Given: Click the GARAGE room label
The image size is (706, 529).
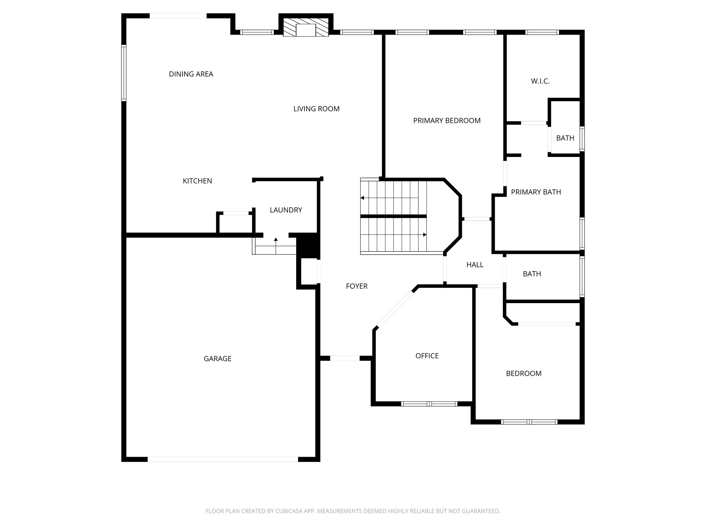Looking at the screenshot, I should pos(218,359).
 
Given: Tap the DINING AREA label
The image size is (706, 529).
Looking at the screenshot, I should pos(191,74).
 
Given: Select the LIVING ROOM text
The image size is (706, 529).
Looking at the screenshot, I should pos(316,109).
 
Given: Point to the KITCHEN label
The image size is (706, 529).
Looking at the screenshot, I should pos(197,181).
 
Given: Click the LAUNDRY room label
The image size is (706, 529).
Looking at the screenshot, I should pos(286,210).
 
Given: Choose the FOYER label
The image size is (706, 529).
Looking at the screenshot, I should pos(356,286).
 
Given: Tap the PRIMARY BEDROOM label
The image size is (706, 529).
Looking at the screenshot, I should pos(446,121).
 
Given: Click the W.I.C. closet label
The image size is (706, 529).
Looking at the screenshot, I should pos(540,81).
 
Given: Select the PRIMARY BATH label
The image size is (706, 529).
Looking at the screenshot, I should pos(536,192).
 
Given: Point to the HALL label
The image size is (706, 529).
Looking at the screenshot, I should pos(475,265).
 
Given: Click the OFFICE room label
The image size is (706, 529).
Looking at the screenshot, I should pos(427,356).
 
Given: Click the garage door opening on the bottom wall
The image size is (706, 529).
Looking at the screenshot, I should pos(223,459).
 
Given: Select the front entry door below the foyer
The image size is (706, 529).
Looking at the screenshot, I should pos(345,358).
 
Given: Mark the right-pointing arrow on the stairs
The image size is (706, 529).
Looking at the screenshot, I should pos(425,235).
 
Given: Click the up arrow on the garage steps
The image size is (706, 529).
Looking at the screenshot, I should pos(276,239).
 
